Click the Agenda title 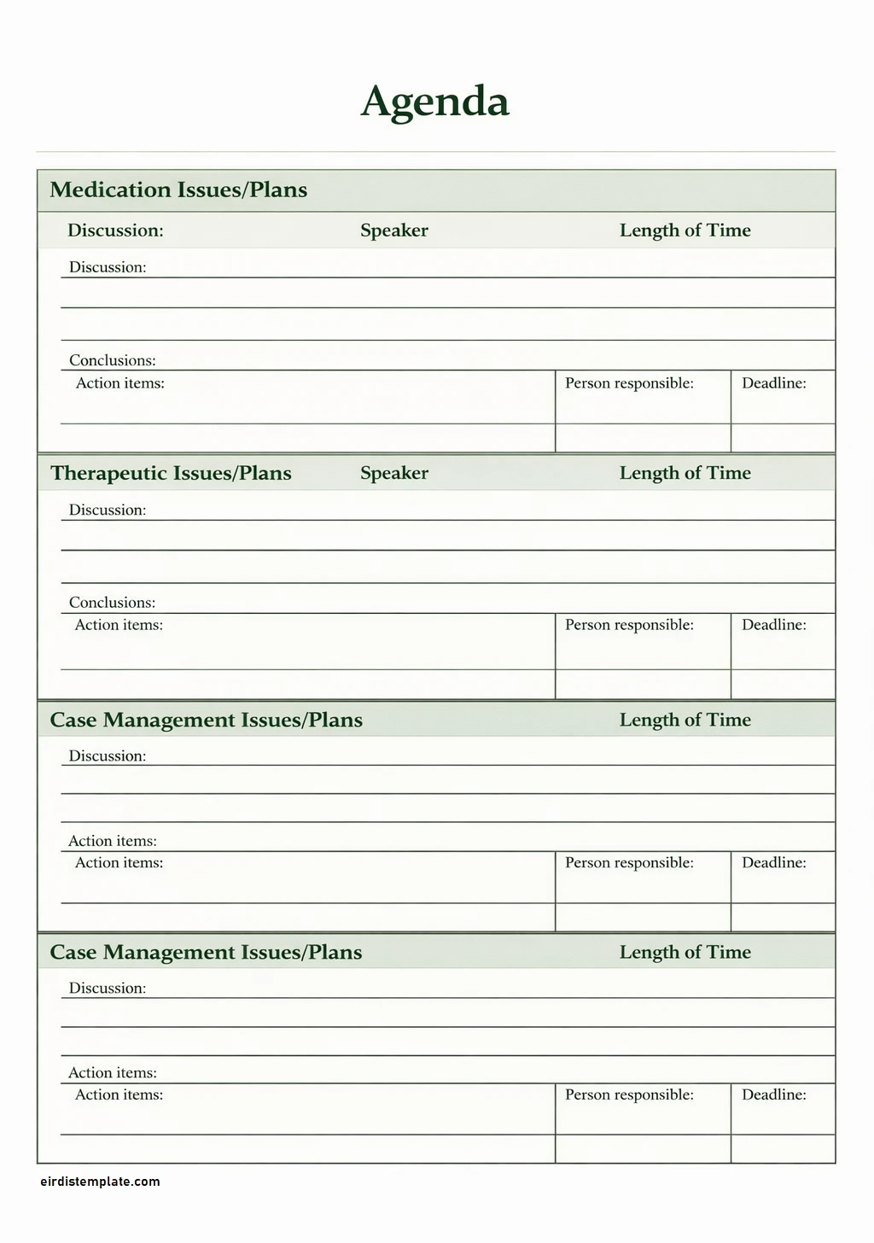(x=435, y=102)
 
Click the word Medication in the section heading (x=110, y=190)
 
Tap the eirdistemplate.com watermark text (x=100, y=1182)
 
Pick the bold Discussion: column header (x=115, y=231)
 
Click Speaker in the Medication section (x=394, y=231)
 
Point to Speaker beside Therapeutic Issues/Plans (x=394, y=473)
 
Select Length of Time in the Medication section (x=685, y=231)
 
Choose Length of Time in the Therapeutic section (x=685, y=473)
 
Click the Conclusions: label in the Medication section (x=113, y=360)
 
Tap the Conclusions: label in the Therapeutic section (x=113, y=603)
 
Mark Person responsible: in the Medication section (x=629, y=383)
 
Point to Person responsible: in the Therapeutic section (x=629, y=625)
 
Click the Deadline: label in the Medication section (x=774, y=383)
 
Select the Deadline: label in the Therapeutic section (x=774, y=625)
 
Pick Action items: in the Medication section (x=120, y=383)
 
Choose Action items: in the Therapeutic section (x=119, y=625)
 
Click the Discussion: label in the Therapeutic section (x=108, y=510)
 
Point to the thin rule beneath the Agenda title (x=435, y=152)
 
